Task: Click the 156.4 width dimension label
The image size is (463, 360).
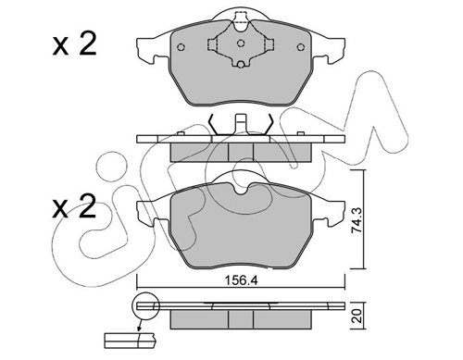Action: pos(241,280)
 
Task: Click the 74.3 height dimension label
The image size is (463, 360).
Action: pos(357,220)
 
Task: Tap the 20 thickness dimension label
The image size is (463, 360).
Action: pos(357,317)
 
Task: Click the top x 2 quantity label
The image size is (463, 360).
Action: pos(74,44)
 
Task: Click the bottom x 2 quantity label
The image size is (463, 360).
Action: pos(74,206)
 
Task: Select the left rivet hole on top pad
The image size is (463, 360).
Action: pos(181,47)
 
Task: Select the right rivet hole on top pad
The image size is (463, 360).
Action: pos(300,47)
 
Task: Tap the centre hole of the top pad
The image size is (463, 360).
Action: pos(241,43)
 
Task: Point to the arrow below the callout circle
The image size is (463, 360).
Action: pos(139,326)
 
